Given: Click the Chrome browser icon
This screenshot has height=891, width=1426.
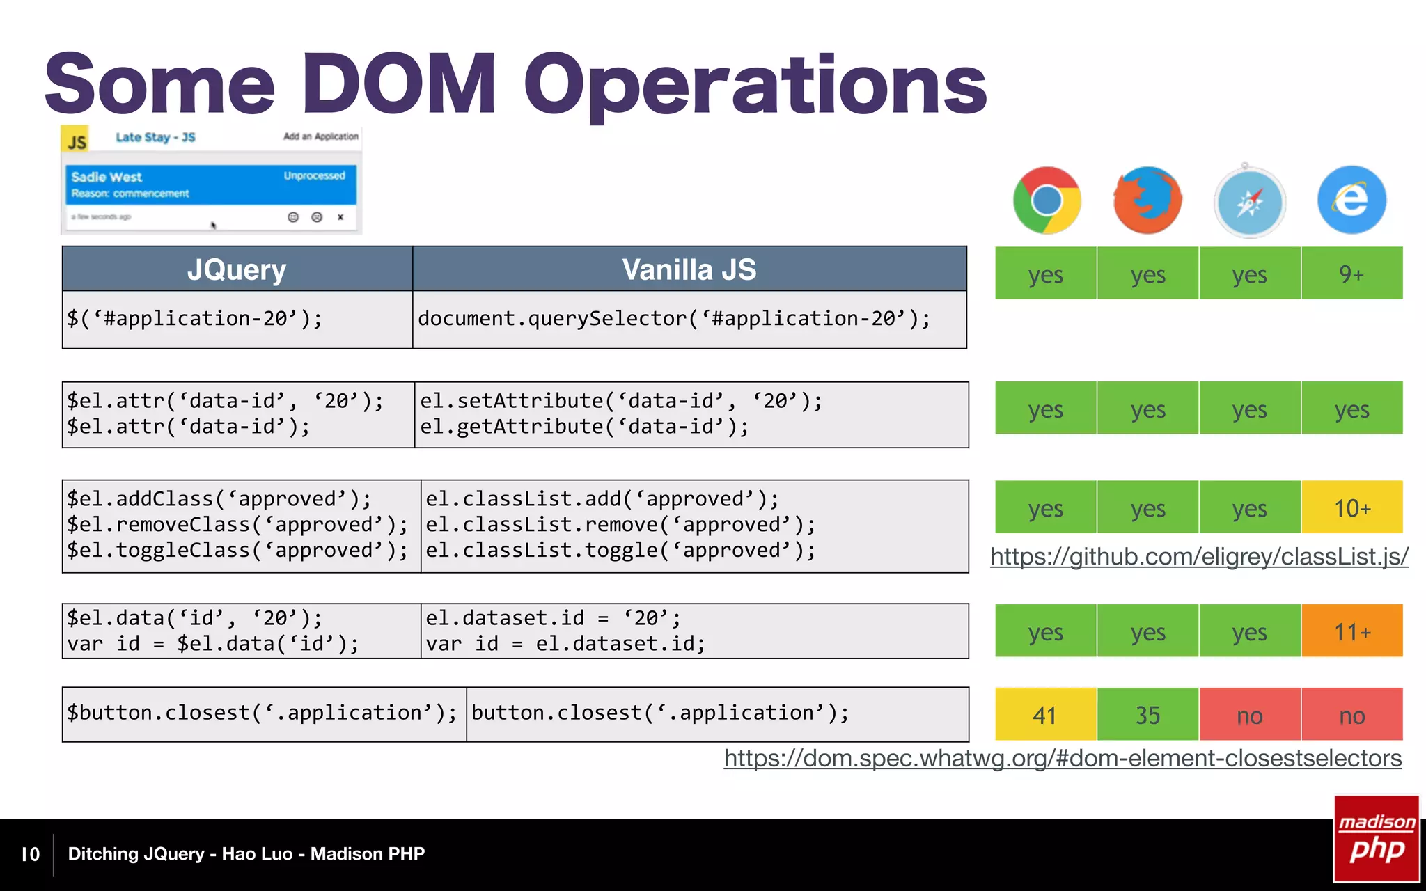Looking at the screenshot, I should tap(1047, 200).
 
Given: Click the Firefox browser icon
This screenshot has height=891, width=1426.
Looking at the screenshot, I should tap(1147, 200).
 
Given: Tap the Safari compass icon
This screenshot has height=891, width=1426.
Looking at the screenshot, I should tap(1250, 202).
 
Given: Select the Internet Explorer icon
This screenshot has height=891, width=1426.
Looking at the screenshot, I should tap(1351, 200).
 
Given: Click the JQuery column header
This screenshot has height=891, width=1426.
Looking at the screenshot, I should tap(237, 269).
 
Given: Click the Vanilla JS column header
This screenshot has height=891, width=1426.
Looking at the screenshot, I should tap(689, 269).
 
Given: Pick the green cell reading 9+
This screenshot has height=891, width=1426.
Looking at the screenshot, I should tap(1351, 274).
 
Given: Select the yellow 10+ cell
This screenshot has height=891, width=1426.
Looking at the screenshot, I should tap(1351, 507).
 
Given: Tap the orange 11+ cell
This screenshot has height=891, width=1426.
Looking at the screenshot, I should tap(1351, 631).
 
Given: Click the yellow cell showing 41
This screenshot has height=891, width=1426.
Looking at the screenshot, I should tap(1045, 715).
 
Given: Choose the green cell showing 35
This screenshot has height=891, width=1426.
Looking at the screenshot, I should tap(1147, 715).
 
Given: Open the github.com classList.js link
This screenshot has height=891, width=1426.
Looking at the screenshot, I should tap(1199, 556).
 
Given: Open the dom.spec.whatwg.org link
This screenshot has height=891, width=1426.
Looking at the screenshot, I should tap(1063, 758).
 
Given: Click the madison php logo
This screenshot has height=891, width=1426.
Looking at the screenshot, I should tap(1377, 839).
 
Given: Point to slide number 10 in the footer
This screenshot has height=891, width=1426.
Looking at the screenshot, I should tap(31, 854).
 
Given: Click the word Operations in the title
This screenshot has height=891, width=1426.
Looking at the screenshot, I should tap(755, 85).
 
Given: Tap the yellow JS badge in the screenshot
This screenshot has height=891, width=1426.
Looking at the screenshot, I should tap(76, 141).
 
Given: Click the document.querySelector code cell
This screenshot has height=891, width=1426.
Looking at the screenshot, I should tap(674, 319).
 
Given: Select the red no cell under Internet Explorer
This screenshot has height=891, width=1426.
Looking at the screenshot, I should tap(1351, 715).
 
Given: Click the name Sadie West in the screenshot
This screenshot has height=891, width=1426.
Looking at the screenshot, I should tap(106, 177).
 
